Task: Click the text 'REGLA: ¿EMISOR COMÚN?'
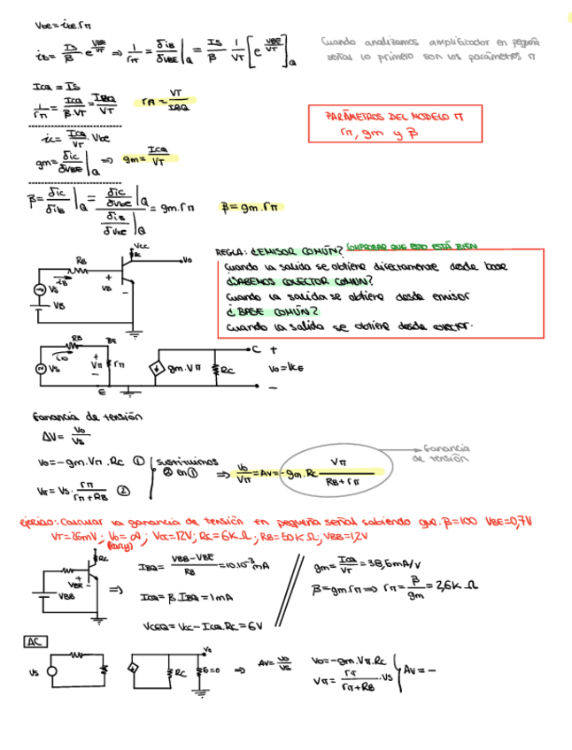[x=278, y=250]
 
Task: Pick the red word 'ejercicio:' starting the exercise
[x=37, y=524]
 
